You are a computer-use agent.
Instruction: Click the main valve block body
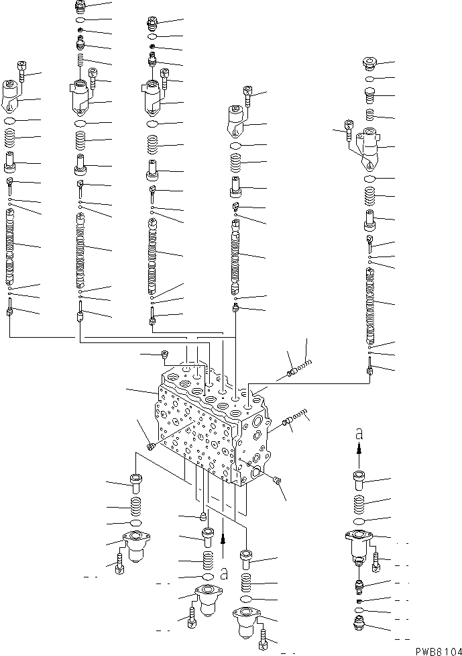coord(208,430)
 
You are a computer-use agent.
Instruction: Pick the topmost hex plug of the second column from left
coord(80,7)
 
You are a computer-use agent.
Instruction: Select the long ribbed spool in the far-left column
coord(10,245)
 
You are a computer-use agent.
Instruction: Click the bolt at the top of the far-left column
coord(21,70)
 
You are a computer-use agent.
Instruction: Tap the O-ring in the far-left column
coord(10,121)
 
